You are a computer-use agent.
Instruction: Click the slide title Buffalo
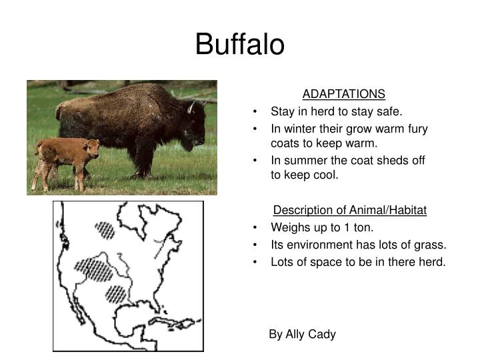pyautogui.click(x=240, y=45)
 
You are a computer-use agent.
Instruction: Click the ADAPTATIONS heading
pyautogui.click(x=344, y=94)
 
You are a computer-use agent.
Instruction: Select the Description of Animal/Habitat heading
pyautogui.click(x=350, y=210)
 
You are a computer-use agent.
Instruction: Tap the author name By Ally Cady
pyautogui.click(x=302, y=334)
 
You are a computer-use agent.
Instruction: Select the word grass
pyautogui.click(x=430, y=245)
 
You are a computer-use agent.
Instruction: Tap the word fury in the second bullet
pyautogui.click(x=417, y=129)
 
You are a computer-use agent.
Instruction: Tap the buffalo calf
pyautogui.click(x=65, y=159)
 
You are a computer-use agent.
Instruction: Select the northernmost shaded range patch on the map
pyautogui.click(x=105, y=230)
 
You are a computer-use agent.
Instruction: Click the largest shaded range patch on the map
pyautogui.click(x=93, y=269)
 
